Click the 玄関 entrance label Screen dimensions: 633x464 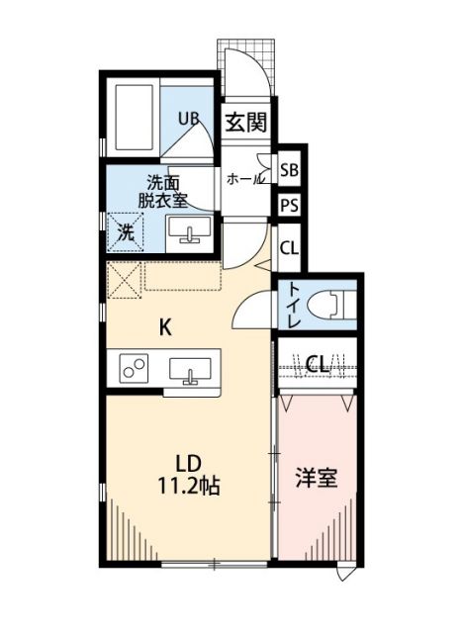(245, 123)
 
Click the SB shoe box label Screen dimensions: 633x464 (289, 170)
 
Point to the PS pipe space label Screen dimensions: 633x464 (289, 207)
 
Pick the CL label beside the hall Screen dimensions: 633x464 (289, 247)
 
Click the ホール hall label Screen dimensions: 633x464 (244, 179)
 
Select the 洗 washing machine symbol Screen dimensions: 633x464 (126, 232)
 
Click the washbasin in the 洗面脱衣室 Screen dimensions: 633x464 (187, 231)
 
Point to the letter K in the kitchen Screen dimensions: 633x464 (167, 327)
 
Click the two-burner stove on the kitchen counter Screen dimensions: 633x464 (134, 370)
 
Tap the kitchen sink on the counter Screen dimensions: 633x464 (190, 371)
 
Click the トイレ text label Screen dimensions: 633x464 (294, 305)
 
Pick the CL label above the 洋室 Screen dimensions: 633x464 (317, 364)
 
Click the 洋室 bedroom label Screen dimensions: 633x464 (317, 478)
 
